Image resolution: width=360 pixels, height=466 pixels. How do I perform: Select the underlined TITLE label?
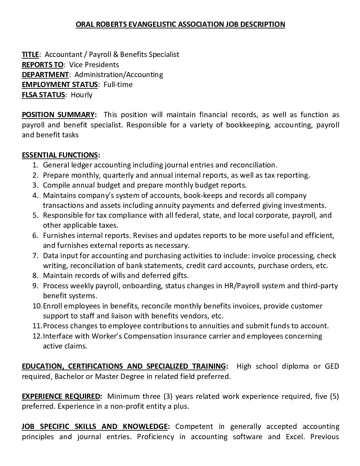coord(30,54)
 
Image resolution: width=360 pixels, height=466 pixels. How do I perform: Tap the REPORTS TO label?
coord(42,65)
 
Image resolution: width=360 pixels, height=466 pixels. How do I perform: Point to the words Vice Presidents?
coord(94,65)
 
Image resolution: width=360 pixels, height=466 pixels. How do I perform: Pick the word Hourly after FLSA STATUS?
coord(82,95)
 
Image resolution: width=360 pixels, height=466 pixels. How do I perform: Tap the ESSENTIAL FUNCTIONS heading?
coord(61,155)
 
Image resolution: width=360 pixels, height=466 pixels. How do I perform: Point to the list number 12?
coord(37,336)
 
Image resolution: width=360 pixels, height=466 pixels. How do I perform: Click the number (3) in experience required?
coord(167,396)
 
